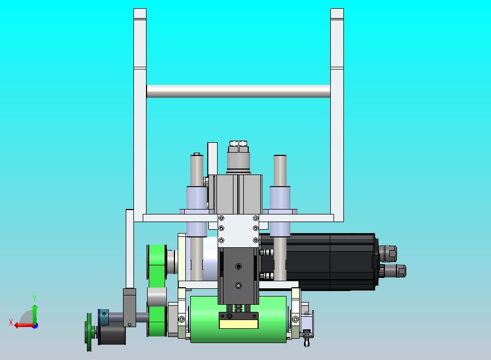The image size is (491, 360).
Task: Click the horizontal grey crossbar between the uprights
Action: [238, 91]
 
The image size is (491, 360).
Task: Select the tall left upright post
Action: [140, 115]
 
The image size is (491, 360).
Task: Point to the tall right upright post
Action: [337, 115]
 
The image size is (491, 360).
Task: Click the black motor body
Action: [318, 262]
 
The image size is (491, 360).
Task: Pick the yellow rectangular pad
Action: [238, 324]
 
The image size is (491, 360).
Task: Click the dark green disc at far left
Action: [89, 332]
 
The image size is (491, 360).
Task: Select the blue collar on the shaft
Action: [104, 317]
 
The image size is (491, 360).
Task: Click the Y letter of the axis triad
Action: [34, 298]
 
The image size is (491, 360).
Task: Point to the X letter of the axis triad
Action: [11, 322]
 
